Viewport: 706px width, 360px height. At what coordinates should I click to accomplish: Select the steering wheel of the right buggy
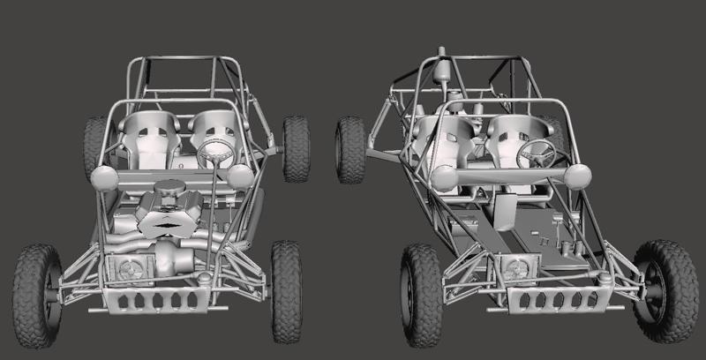click(x=537, y=154)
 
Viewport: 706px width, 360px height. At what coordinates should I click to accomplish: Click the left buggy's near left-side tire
click(x=36, y=289)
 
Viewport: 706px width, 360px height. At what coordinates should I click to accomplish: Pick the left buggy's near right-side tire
click(x=285, y=290)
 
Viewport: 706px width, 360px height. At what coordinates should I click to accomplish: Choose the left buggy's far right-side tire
click(x=296, y=147)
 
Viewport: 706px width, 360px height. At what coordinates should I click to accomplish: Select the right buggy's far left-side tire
click(x=351, y=150)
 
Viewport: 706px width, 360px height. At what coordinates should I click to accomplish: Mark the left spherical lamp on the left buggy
click(x=103, y=177)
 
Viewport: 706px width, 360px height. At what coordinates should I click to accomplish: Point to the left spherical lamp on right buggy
click(x=445, y=178)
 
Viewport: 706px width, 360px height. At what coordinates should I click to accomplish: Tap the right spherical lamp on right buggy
click(x=579, y=176)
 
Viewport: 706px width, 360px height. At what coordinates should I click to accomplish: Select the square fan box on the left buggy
click(x=125, y=268)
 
